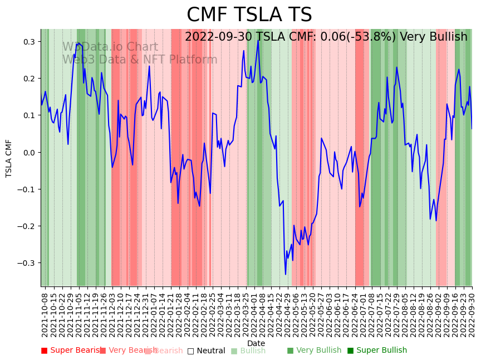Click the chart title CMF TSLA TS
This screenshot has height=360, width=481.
249,15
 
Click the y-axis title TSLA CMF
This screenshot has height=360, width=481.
9,158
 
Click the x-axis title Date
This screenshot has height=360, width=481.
256,343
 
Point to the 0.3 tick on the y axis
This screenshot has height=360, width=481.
28,42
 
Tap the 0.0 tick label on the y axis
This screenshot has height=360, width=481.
28,152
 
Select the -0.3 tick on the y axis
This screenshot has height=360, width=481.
27,263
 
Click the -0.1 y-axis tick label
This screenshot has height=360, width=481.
27,189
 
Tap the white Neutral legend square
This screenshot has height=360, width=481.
190,351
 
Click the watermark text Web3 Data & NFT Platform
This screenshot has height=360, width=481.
139,60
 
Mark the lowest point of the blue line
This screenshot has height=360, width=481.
286,274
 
